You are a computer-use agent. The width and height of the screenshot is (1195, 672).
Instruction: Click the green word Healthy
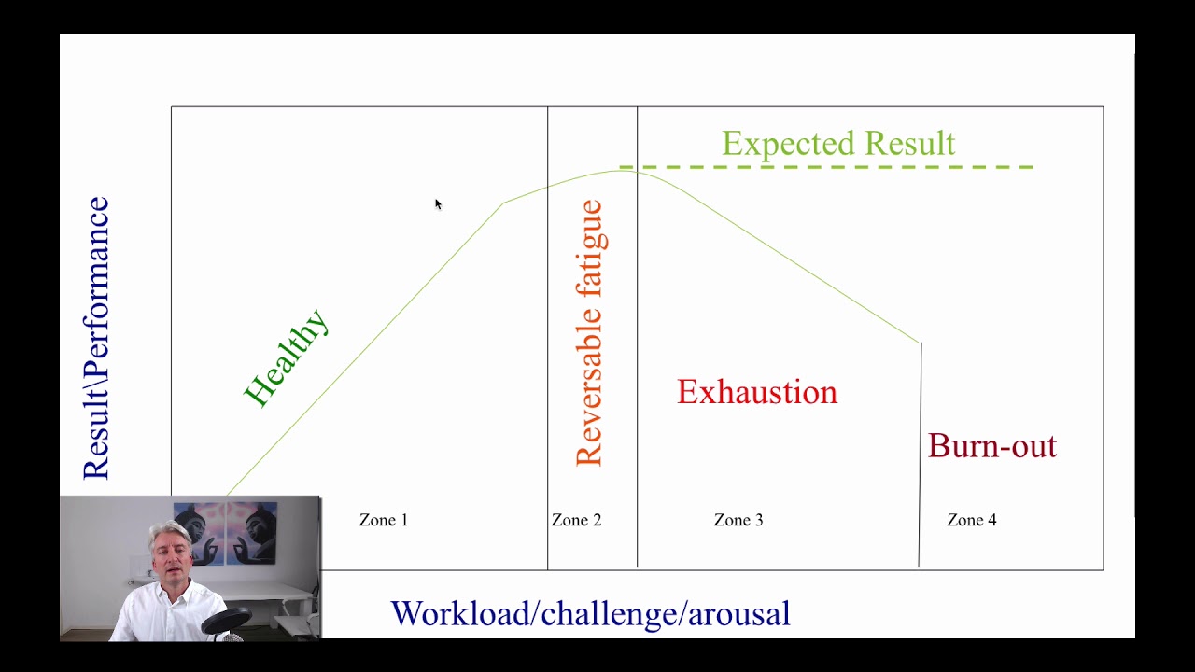click(286, 358)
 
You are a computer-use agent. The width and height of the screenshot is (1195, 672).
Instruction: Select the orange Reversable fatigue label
click(590, 333)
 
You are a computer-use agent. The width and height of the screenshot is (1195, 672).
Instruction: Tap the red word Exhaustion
click(757, 392)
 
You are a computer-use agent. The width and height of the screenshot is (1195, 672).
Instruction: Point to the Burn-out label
click(991, 446)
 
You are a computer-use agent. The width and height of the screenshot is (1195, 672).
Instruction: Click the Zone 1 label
click(384, 520)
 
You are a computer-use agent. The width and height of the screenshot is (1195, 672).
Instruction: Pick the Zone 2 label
click(576, 520)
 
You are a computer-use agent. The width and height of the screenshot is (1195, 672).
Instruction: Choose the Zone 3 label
click(738, 520)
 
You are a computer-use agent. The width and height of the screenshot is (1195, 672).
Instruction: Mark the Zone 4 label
click(971, 520)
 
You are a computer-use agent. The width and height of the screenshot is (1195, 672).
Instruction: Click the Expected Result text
click(837, 144)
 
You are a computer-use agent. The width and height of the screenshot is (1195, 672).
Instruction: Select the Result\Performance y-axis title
click(96, 338)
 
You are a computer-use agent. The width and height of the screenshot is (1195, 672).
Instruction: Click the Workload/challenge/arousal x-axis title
click(590, 614)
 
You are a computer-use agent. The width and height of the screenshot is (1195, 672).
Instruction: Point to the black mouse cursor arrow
click(438, 204)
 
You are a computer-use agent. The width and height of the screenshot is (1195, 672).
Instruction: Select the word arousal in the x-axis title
click(738, 614)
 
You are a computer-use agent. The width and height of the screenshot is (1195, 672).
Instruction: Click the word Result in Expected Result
click(908, 144)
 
